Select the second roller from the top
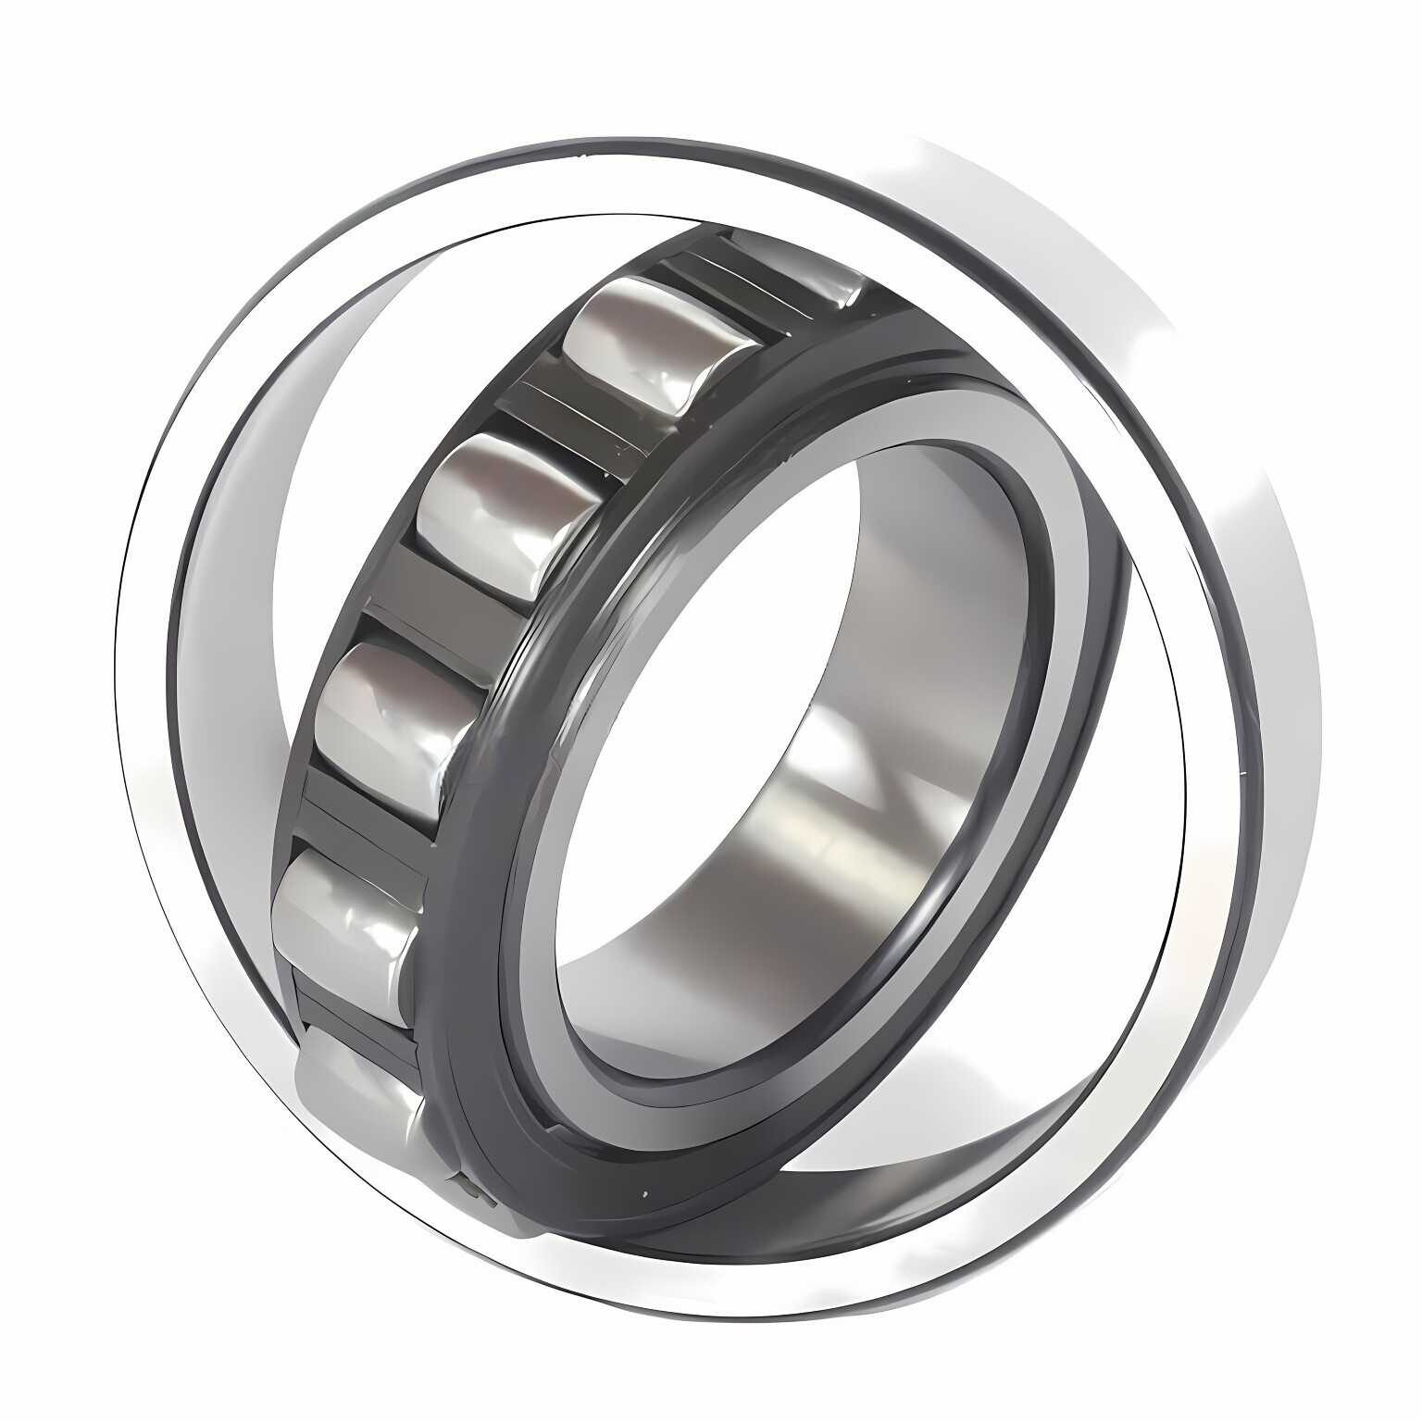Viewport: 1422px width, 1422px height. click(639, 352)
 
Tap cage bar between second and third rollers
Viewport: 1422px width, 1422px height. click(555, 417)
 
